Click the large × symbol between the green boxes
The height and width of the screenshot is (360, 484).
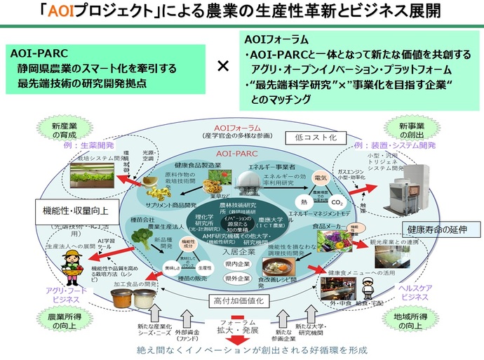(x=223, y=66)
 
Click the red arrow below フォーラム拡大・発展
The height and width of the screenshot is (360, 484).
(x=239, y=341)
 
